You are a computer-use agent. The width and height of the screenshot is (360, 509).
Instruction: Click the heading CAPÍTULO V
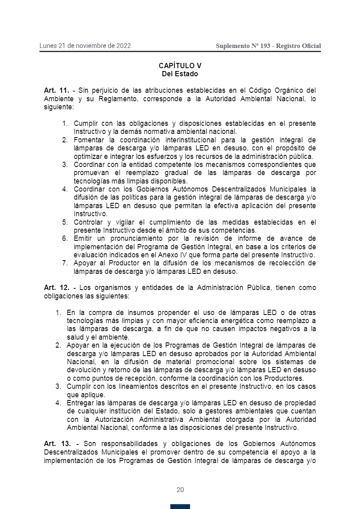180,66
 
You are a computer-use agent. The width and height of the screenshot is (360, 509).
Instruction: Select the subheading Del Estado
180,74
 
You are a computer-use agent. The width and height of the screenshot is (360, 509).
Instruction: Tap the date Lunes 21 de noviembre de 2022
85,46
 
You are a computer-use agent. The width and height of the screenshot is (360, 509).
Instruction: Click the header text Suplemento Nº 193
243,46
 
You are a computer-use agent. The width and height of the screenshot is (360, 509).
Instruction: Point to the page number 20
180,490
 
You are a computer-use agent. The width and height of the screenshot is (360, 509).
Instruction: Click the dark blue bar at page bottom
180,507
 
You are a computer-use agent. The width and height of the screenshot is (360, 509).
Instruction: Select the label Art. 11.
57,90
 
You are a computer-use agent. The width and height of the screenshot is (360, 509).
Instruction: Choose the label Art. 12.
57,288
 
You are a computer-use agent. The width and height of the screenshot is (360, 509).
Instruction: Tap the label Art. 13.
57,444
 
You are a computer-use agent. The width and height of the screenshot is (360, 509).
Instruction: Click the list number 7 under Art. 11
65,263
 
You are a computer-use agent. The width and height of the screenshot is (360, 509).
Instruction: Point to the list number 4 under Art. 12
58,403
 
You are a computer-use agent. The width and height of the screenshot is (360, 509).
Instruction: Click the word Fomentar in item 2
87,140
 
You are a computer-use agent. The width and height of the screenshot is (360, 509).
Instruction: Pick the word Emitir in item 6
82,238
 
